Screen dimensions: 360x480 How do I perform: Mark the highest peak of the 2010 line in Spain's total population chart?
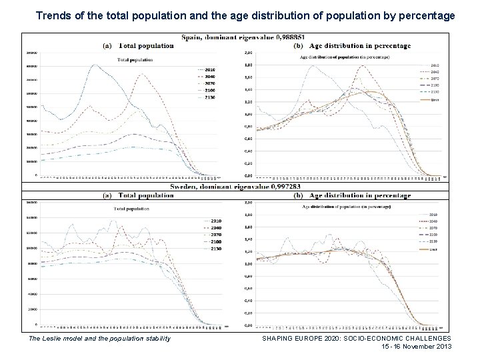click(x=95, y=65)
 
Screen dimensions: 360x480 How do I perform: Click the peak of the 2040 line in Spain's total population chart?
click(x=142, y=74)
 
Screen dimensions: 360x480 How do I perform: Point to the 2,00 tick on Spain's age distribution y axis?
click(x=248, y=53)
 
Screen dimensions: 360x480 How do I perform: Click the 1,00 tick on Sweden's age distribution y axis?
click(x=248, y=264)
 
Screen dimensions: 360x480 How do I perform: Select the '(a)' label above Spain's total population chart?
click(x=107, y=46)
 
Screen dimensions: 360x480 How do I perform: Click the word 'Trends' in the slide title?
click(x=51, y=14)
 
